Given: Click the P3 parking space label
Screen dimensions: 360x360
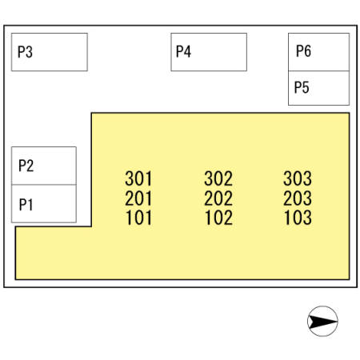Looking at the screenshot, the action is pos(25,52).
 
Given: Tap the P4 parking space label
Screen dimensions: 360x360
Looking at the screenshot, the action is pos(183,51).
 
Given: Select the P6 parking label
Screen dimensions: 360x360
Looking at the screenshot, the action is pos(303,51).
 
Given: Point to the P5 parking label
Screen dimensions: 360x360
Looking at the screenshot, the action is pos(302,87).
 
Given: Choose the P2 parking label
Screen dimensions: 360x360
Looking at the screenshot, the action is pos(26,166).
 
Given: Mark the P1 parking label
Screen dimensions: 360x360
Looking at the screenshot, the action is pos(26,205).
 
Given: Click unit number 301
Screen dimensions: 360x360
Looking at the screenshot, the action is pos(138,178).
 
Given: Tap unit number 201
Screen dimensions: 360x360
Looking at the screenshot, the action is pos(138,198).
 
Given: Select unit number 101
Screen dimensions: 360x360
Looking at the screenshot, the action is pos(138,218).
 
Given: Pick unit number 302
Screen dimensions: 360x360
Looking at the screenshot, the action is pos(218,178).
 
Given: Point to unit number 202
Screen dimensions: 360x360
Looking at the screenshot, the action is pos(218,198).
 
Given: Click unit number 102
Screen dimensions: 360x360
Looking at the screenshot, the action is pos(218,218).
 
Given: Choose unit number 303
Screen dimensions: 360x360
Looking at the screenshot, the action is pos(298,178).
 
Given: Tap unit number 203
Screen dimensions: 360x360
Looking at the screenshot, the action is pos(298,198).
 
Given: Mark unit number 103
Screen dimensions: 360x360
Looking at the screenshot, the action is pos(298,218).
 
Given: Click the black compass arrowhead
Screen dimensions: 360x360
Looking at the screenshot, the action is pos(322,322).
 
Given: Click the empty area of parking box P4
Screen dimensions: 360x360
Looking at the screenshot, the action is pos(218,52).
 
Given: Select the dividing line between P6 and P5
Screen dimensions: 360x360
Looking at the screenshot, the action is pos(318,71).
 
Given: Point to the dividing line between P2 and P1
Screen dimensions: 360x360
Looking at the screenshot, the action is pos(44,185).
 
